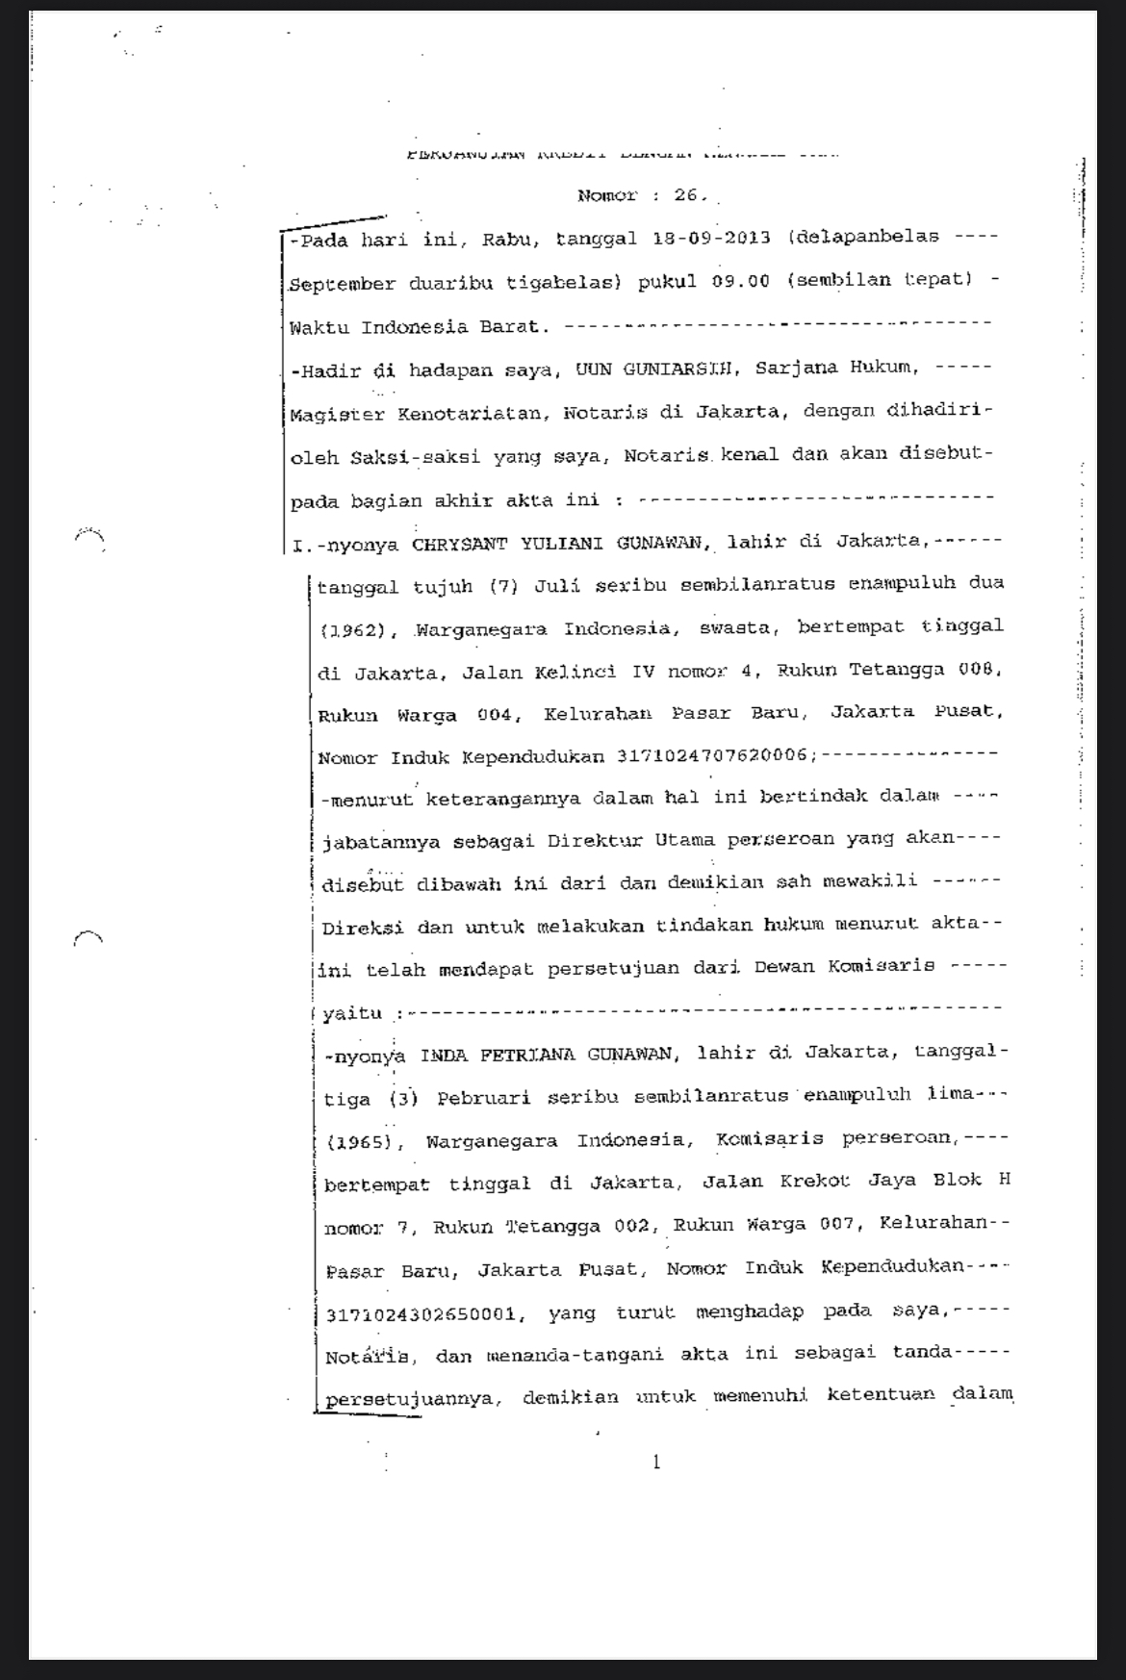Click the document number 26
pos(689,195)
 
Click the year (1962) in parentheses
pos(352,630)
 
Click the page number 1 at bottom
pos(656,1464)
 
